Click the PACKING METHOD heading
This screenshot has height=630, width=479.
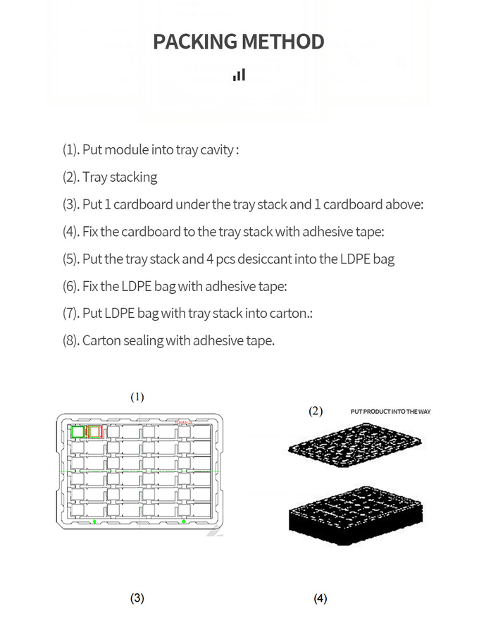point(239,42)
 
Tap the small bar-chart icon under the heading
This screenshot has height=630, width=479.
point(239,75)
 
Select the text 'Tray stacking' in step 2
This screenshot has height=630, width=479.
point(120,177)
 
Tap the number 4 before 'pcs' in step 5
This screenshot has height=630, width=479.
point(210,259)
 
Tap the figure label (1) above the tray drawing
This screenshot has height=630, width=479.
point(137,397)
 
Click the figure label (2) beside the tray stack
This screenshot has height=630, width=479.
point(316,411)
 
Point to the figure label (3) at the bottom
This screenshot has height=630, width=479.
point(137,598)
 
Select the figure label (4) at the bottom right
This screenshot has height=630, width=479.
point(321,598)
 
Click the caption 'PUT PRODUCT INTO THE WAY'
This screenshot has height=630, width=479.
point(390,411)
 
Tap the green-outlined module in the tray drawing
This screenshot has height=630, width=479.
point(77,431)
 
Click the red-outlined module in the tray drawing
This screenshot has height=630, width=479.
point(96,431)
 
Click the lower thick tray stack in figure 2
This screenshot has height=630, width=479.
point(356,518)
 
